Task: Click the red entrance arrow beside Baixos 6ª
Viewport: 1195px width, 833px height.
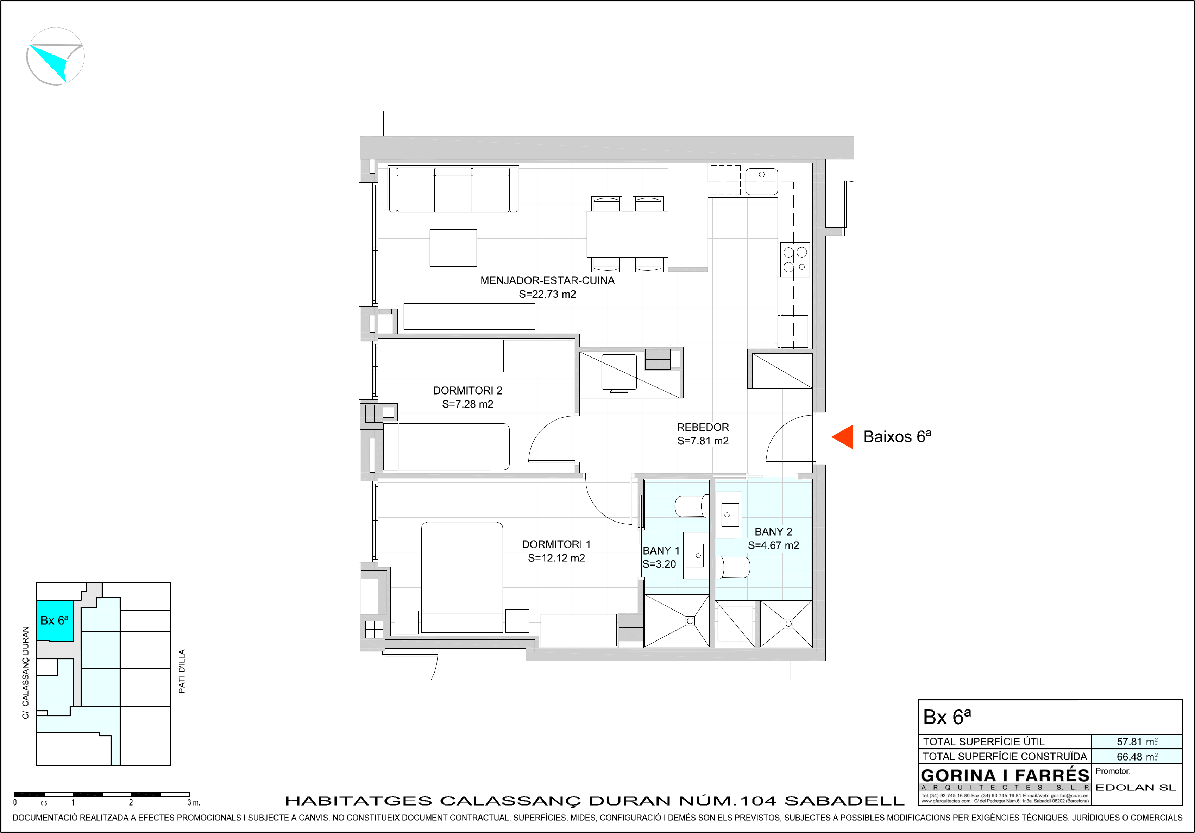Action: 842,436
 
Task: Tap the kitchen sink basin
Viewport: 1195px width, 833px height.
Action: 761,182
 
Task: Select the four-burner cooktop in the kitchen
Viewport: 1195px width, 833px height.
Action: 795,260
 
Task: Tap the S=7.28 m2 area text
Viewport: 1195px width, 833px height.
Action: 468,404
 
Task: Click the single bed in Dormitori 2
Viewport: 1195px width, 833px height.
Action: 446,447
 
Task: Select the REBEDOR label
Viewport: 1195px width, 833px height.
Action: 703,427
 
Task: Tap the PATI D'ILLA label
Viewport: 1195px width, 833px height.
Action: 182,671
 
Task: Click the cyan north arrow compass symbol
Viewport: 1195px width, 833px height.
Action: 55,56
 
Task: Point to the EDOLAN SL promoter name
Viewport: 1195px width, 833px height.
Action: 1136,788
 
